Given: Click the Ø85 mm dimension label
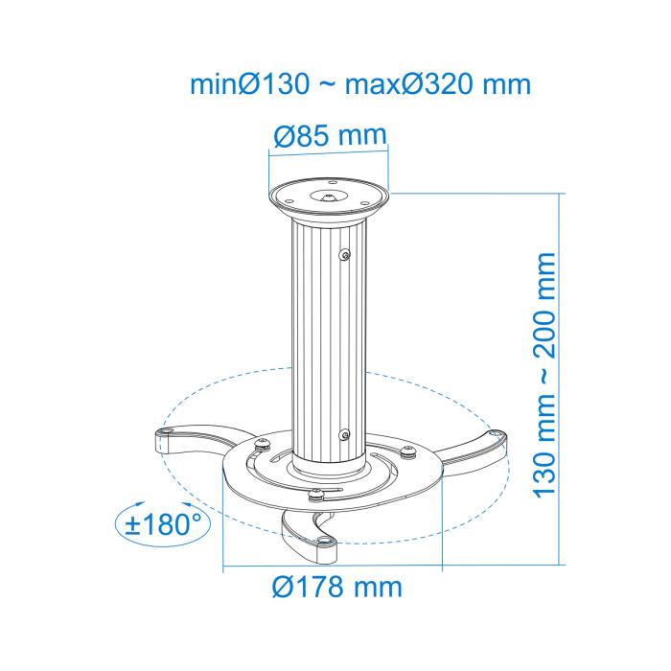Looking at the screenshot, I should point(329,136).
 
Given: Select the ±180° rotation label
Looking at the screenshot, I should point(161,524).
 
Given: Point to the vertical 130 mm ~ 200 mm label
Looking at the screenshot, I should point(544,374).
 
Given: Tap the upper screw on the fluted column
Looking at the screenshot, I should point(345,254).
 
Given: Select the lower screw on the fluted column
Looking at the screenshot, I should point(343,434).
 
